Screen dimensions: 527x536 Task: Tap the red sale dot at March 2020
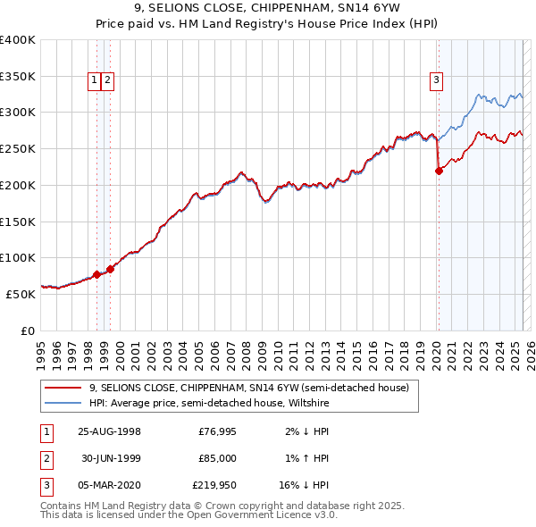pyautogui.click(x=439, y=171)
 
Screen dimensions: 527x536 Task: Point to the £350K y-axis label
pyautogui.click(x=18, y=76)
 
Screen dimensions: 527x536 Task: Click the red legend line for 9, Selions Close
pyautogui.click(x=63, y=388)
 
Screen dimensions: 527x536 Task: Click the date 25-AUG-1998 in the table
pyautogui.click(x=110, y=431)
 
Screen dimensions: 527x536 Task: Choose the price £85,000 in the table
pyautogui.click(x=217, y=458)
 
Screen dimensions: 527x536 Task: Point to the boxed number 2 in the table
pyautogui.click(x=46, y=458)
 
